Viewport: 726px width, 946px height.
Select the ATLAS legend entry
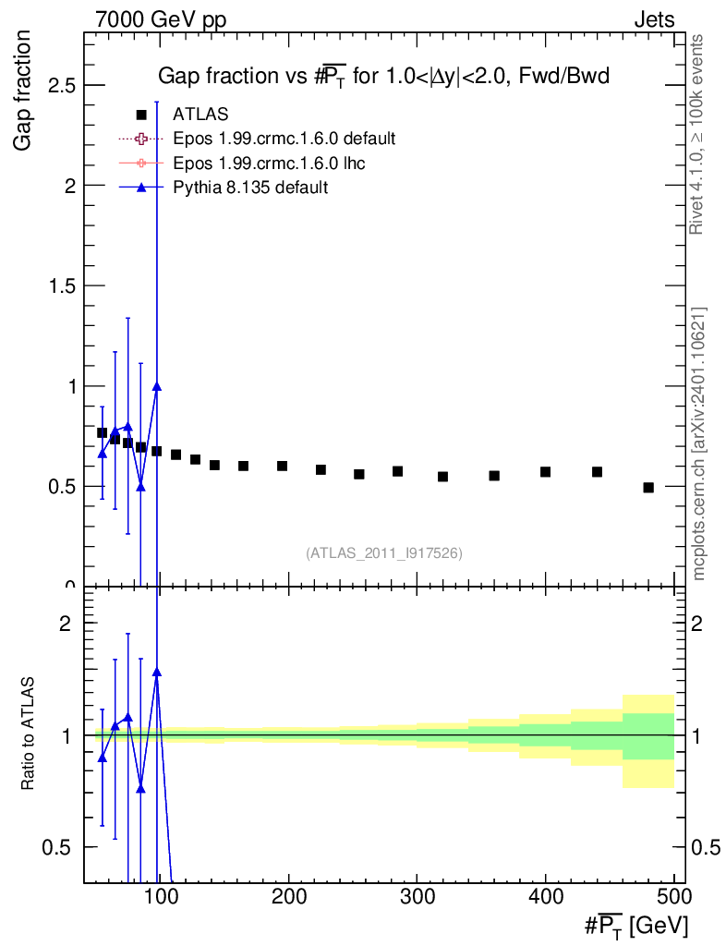[182, 114]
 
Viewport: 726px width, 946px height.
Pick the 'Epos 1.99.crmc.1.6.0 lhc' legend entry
[242, 164]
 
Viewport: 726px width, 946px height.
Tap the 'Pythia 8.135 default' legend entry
[224, 188]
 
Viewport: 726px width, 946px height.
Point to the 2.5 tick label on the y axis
[62, 86]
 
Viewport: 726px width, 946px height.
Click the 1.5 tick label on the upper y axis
[62, 286]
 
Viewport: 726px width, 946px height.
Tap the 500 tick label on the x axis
[673, 896]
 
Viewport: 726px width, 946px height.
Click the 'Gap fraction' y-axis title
[22, 91]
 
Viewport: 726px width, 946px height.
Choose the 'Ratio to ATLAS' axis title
[27, 734]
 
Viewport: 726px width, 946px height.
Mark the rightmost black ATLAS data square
[648, 488]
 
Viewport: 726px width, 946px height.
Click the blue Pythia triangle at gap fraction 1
[157, 387]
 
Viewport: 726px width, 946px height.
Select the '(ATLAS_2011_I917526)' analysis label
[384, 553]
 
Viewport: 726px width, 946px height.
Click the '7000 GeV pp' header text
[161, 20]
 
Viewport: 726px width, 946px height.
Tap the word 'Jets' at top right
[654, 20]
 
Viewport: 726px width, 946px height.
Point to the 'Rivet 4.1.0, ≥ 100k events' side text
[696, 135]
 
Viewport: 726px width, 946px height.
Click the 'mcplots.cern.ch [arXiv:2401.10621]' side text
[698, 444]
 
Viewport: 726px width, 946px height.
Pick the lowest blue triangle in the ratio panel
[140, 789]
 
